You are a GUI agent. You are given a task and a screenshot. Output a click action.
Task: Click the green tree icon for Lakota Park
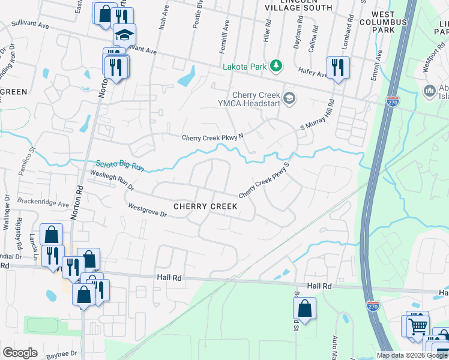[x=276, y=66]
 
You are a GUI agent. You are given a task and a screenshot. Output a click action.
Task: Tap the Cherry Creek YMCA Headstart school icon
[x=289, y=98]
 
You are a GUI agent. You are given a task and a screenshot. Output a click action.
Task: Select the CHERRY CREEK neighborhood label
[x=205, y=206]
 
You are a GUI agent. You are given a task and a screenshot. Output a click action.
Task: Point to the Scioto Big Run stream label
[x=120, y=165]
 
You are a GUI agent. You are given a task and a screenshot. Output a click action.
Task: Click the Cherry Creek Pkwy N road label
[x=213, y=137]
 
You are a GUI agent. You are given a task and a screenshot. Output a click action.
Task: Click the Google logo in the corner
[x=19, y=353]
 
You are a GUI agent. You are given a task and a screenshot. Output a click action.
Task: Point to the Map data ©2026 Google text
[x=411, y=355]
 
